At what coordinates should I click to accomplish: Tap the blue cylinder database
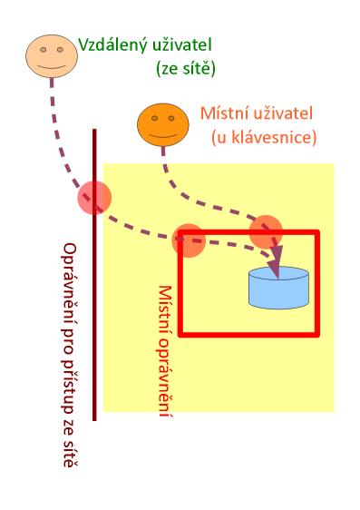(x=278, y=289)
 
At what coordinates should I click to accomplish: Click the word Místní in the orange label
(x=221, y=115)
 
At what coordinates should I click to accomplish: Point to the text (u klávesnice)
(x=263, y=138)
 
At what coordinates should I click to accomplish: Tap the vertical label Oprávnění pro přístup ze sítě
(x=69, y=354)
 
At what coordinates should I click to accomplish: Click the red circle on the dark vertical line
(x=94, y=197)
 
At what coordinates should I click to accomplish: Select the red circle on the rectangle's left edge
(x=189, y=239)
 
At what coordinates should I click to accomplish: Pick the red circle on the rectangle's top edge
(x=267, y=231)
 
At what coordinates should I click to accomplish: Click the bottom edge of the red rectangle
(x=249, y=334)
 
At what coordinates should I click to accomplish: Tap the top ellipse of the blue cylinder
(x=278, y=274)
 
